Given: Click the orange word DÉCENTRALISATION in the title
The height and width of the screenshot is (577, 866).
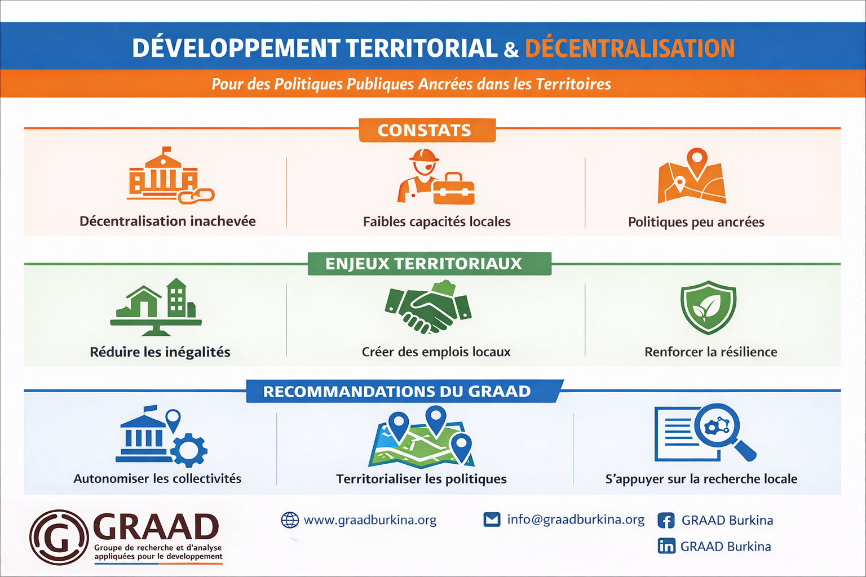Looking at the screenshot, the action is tap(630, 48).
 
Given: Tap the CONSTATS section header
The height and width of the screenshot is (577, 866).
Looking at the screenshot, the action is tap(427, 130).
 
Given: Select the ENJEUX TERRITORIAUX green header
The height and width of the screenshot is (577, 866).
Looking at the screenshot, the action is tap(430, 264).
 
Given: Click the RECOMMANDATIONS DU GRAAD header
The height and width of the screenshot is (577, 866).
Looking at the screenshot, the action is tap(405, 391).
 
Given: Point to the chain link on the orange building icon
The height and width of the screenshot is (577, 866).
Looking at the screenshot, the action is tap(196, 196).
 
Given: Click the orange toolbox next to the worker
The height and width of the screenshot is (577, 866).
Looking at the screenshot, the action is tap(453, 189).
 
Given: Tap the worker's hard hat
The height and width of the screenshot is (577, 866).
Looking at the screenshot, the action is tap(424, 156).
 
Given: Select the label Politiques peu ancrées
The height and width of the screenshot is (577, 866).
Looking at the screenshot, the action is tap(696, 222).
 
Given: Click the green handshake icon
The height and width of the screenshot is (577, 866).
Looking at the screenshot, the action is tap(428, 308).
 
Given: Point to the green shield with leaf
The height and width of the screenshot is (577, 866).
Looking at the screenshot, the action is tap(708, 308).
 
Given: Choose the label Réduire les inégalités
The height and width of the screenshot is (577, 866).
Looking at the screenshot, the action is tap(160, 352).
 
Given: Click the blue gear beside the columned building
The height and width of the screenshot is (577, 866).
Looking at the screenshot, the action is tap(189, 450).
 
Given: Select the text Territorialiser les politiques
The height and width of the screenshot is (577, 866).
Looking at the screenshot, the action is tap(421, 479).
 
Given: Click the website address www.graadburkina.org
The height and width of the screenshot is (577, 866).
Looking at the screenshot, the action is tap(370, 520).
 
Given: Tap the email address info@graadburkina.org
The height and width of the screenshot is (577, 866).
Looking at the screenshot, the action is tap(576, 520).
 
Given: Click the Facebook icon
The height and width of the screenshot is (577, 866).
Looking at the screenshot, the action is tap(666, 521).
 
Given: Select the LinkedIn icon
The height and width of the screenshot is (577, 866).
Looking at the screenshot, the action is tap(666, 545).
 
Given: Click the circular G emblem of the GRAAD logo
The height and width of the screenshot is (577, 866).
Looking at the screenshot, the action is tap(59, 537).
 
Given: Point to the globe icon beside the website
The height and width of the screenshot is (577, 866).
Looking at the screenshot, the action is tap(290, 520).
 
